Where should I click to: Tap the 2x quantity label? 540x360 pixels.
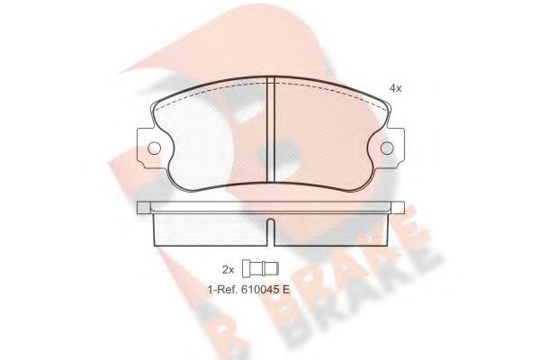228,268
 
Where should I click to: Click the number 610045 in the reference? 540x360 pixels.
259,290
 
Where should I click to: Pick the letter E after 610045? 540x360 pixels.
287,290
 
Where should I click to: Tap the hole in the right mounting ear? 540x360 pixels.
388,148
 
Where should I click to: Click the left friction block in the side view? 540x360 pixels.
211,229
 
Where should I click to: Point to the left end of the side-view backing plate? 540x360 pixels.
142,208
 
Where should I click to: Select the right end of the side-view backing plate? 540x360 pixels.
398,208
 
